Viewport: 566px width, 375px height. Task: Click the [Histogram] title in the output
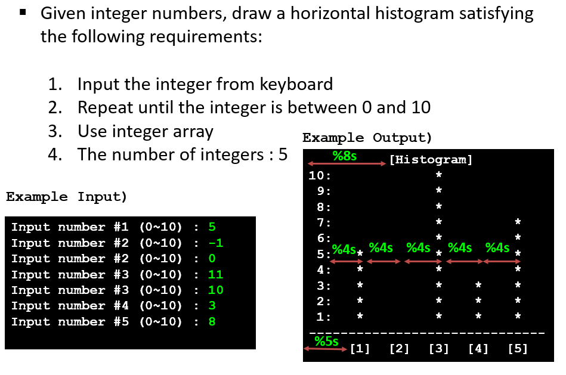click(431, 160)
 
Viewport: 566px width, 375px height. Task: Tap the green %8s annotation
click(345, 156)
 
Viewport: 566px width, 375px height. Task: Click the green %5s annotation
click(326, 341)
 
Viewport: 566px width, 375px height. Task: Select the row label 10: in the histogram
click(320, 176)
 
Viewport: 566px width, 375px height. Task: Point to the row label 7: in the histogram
click(323, 222)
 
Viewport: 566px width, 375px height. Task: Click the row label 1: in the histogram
click(323, 316)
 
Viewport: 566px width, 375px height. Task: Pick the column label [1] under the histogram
click(360, 349)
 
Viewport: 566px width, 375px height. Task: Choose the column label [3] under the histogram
click(439, 349)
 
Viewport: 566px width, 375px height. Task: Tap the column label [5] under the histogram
click(518, 349)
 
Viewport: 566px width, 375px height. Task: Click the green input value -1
click(216, 243)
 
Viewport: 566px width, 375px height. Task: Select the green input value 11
click(216, 274)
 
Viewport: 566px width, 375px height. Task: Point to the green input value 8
click(212, 321)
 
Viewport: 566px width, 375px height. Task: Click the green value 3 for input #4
click(212, 306)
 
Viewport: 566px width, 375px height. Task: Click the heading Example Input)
click(67, 197)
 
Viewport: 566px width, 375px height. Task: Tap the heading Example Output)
click(367, 138)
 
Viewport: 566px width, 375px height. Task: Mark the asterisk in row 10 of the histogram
click(439, 175)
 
